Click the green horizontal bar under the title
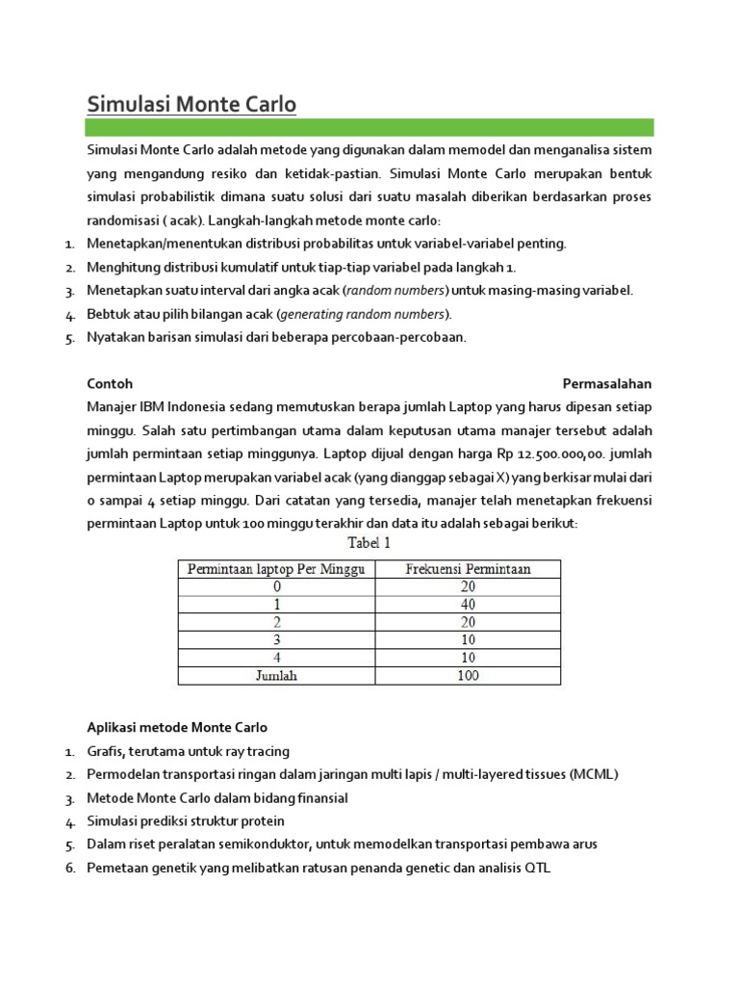coord(369,127)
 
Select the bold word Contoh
coord(109,383)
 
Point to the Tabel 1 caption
coord(369,543)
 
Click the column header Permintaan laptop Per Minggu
coord(275,569)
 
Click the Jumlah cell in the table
coord(275,675)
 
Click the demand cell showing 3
coord(275,640)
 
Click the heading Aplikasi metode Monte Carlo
coord(177,726)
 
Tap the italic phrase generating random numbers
coord(363,314)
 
